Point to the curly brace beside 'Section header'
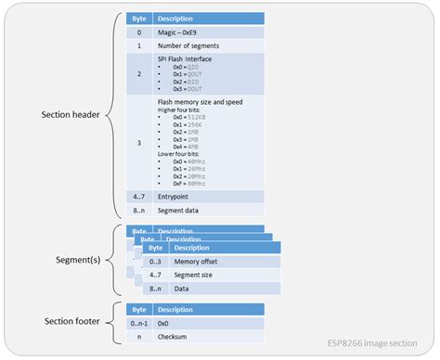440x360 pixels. pos(112,115)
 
